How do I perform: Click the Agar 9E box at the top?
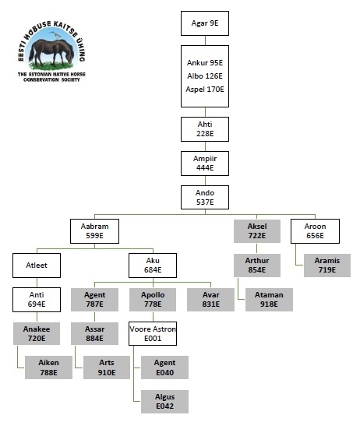click(205, 23)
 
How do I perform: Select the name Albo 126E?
click(205, 76)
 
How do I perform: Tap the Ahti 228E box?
click(205, 129)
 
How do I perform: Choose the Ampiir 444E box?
click(205, 164)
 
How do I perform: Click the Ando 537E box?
click(205, 197)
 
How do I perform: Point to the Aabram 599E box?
click(94, 231)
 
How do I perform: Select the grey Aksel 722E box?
click(257, 231)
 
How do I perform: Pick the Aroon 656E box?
click(315, 231)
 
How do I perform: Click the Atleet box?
click(37, 266)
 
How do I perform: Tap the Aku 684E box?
click(153, 266)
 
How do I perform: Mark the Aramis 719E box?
click(327, 266)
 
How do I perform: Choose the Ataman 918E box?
click(269, 300)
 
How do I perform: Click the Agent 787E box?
click(94, 300)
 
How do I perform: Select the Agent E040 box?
click(164, 367)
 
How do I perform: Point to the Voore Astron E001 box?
click(153, 333)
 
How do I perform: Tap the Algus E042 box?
click(164, 401)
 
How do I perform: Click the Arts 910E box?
click(107, 367)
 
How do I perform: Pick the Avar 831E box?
click(210, 300)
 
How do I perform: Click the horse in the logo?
click(51, 52)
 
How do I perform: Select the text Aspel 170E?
click(205, 89)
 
